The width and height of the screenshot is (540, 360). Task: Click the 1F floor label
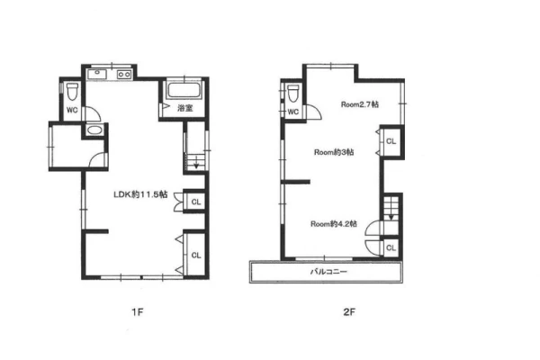click(x=138, y=312)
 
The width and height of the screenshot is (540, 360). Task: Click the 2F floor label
click(x=349, y=312)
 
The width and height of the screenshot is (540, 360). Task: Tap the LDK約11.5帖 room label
click(x=140, y=194)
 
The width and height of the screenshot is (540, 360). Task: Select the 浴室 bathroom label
click(x=184, y=108)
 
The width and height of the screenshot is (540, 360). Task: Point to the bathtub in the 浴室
click(x=184, y=90)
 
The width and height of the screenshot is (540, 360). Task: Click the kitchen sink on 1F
click(x=97, y=74)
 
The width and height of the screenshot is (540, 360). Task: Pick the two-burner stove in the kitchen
click(x=124, y=75)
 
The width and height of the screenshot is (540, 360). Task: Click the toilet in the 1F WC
click(x=73, y=91)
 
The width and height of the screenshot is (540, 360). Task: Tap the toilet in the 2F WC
click(x=293, y=93)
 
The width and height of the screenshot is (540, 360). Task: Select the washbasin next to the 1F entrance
click(x=94, y=130)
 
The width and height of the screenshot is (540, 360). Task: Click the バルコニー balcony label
click(x=328, y=272)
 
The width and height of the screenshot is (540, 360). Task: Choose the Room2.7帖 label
click(x=360, y=104)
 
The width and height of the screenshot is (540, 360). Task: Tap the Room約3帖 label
click(x=334, y=152)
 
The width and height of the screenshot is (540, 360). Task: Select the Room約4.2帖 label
click(x=334, y=224)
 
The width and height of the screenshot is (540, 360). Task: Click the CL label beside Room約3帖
click(x=391, y=141)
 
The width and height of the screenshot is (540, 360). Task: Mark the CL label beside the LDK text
click(x=196, y=202)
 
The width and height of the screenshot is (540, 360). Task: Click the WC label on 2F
click(x=293, y=112)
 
